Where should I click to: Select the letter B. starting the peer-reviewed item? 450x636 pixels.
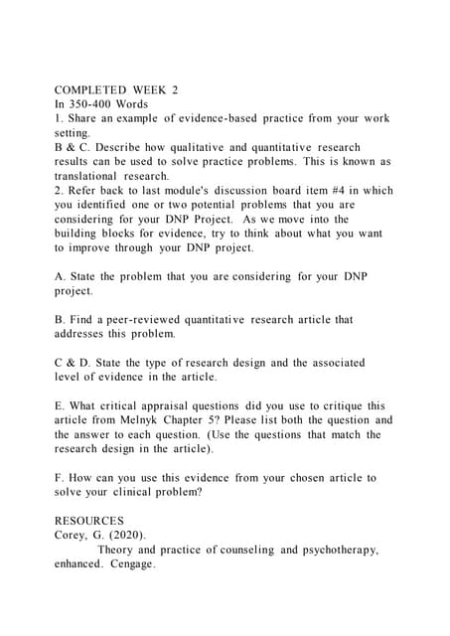60,320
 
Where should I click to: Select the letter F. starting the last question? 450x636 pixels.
60,478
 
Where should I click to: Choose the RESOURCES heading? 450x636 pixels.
89,521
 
